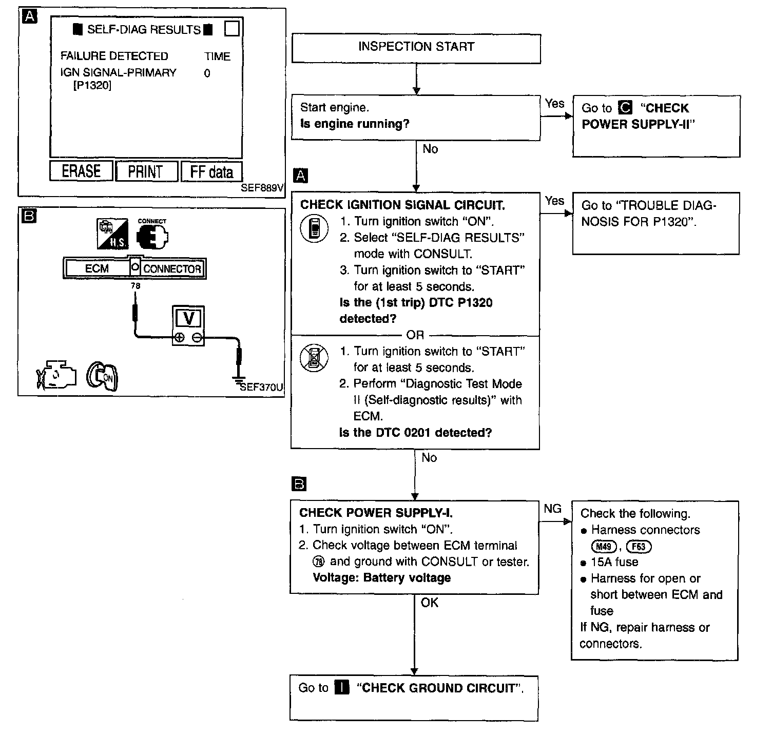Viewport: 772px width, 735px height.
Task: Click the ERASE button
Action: (81, 171)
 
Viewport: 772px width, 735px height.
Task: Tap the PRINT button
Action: (146, 171)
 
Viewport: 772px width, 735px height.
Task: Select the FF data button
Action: (211, 171)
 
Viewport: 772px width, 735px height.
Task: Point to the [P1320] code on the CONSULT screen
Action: (92, 86)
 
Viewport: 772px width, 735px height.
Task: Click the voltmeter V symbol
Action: (188, 318)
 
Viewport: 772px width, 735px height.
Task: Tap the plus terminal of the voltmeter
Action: (179, 337)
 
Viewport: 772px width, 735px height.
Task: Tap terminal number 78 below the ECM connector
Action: (136, 286)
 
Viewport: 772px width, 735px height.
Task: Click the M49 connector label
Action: (604, 547)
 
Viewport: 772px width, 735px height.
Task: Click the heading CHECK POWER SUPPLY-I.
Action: (376, 513)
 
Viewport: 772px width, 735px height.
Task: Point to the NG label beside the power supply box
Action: (552, 509)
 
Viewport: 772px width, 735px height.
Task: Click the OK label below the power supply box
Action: (429, 603)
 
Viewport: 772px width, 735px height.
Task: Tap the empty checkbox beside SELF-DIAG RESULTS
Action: (232, 29)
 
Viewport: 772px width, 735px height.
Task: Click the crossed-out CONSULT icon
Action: (314, 358)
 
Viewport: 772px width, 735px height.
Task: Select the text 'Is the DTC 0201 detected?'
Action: (415, 433)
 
